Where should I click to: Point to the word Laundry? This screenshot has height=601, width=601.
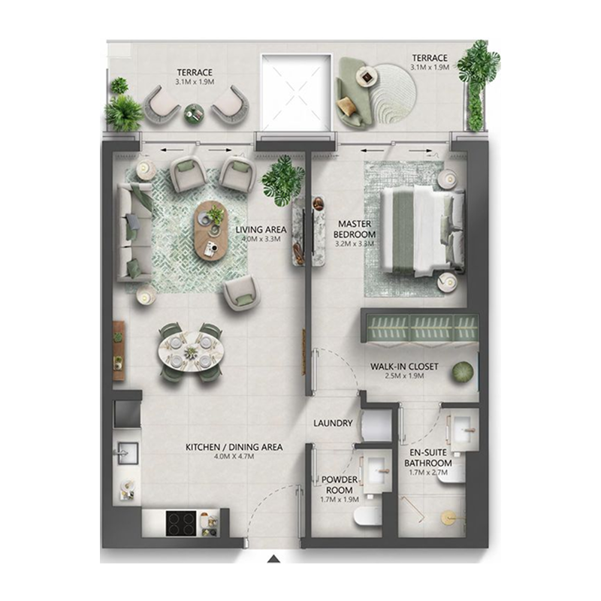click(333, 423)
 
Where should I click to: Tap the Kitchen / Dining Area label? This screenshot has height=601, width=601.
click(234, 447)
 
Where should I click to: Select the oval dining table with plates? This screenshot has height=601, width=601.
click(189, 350)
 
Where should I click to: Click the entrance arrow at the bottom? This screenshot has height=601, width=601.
click(275, 558)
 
